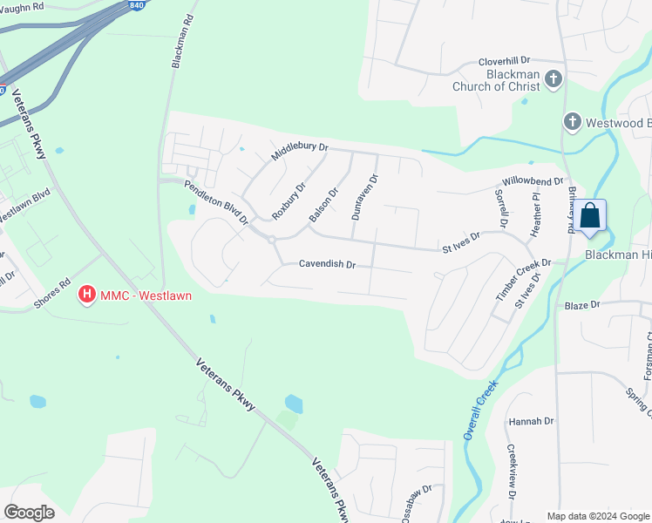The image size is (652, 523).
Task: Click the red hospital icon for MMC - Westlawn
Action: pos(87,295)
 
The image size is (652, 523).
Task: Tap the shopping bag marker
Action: pos(590,216)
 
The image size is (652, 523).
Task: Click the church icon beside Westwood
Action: pos(572,122)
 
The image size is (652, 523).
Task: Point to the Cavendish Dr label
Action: pos(327,263)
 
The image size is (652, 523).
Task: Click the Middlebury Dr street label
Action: pos(299,152)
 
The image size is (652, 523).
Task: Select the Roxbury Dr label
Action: pos(289,201)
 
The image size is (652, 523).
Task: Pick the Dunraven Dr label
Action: pos(364,197)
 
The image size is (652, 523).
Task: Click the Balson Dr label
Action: pos(323,205)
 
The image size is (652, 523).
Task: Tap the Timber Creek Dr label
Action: pos(524,279)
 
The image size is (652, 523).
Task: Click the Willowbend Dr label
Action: pos(533,181)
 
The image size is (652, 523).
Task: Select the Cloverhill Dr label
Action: pos(504,61)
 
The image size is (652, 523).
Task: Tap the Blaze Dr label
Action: pos(582,305)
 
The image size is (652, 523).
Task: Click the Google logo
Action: pos(29,513)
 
